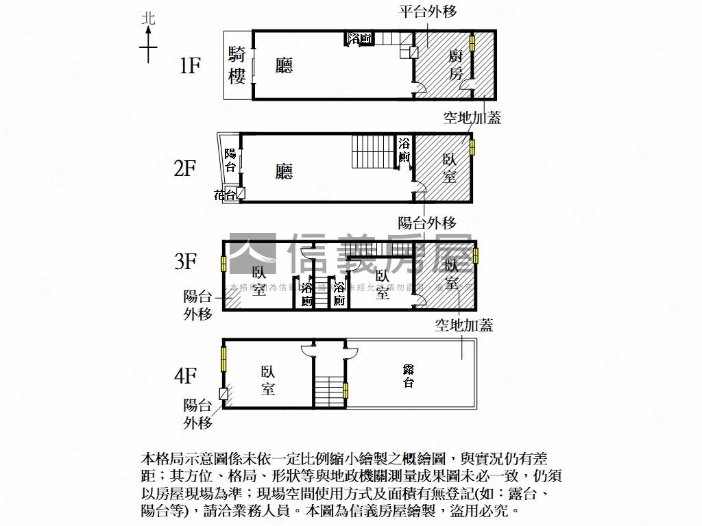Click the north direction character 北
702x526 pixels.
point(148,18)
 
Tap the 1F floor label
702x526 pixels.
point(189,66)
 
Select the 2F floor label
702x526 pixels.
point(185,168)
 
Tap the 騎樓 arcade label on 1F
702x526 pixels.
point(237,65)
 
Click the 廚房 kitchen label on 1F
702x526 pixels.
point(456,65)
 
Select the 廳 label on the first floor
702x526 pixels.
point(284,66)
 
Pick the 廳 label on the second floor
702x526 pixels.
point(284,171)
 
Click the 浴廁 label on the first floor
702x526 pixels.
point(359,39)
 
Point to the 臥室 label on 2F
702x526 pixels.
point(450,167)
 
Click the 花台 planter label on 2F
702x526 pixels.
point(224,195)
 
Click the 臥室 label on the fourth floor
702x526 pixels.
point(267,380)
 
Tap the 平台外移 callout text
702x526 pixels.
point(428,12)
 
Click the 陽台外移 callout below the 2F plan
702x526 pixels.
point(427,223)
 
